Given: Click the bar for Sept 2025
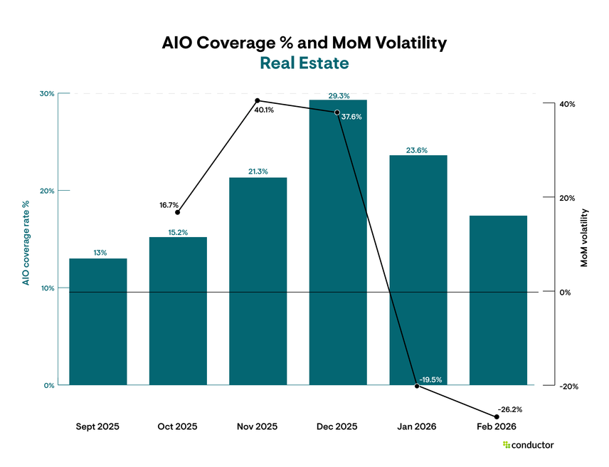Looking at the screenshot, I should point(98,322).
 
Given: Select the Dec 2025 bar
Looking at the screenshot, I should point(337,242).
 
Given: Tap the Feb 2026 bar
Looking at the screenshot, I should point(497,300).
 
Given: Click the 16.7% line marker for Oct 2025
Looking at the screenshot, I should point(178,212).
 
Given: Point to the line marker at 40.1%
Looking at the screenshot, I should point(258,100).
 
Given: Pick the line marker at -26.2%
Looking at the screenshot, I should point(497,417).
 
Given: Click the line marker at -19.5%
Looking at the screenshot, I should point(417,386).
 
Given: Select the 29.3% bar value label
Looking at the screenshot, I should point(337,95).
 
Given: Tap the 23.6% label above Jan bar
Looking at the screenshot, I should point(417,150).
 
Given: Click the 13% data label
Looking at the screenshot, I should point(98,253).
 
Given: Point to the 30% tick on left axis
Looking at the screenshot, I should point(47,93).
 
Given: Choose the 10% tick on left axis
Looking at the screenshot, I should point(47,288).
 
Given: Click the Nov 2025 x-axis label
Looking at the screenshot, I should point(258,427).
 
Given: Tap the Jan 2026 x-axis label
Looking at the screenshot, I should point(417,427).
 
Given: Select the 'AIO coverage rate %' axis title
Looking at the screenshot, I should point(26,242).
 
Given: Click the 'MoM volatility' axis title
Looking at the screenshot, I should point(585,238).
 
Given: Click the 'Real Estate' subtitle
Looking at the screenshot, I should point(304,63).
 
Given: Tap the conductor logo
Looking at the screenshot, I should point(528,445).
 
